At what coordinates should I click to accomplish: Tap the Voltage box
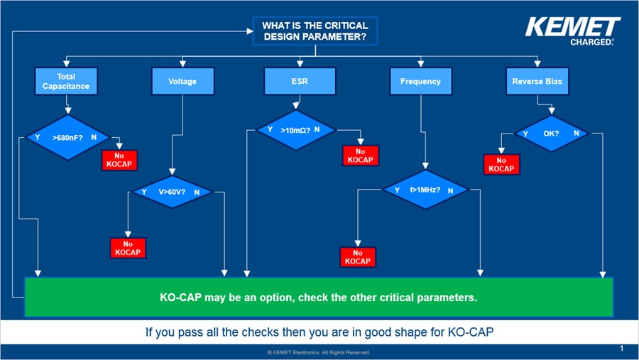pos(182,82)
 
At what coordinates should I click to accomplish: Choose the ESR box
pos(299,82)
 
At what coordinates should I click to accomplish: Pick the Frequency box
pos(420,82)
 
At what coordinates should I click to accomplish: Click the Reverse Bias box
pos(537,82)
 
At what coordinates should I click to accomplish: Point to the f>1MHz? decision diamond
pos(425,190)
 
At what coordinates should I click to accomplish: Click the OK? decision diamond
pos(551,133)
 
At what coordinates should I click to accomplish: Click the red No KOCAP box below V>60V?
pos(129,248)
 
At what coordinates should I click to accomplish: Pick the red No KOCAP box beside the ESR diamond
pos(360,156)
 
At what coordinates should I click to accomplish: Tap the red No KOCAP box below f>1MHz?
pos(357,257)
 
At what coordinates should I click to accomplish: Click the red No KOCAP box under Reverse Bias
pos(501,164)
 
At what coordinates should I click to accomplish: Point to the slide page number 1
pos(621,349)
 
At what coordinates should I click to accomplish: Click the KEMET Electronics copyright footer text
pos(318,352)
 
